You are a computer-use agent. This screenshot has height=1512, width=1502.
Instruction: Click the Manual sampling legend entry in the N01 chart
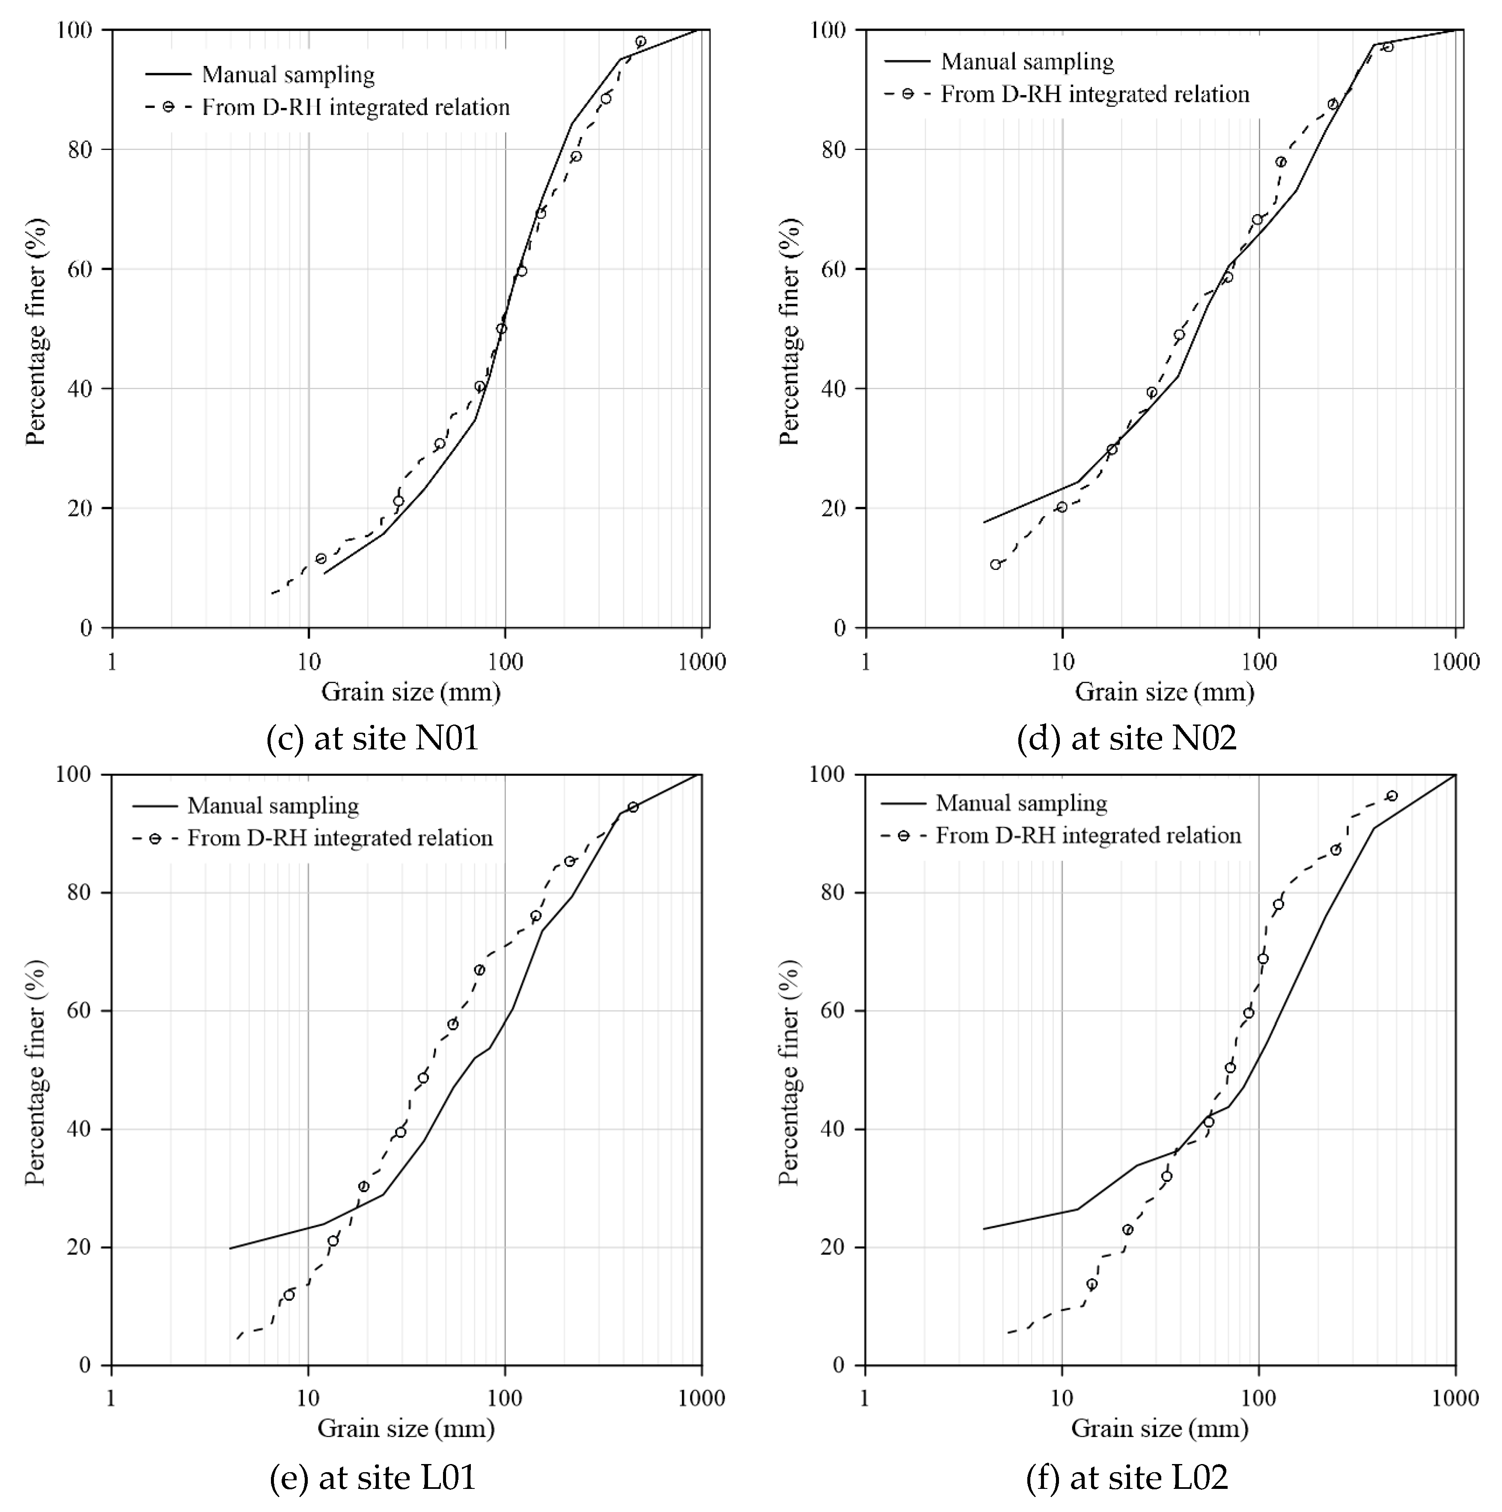tap(288, 75)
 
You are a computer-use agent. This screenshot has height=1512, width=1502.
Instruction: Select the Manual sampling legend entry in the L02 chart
tap(1021, 803)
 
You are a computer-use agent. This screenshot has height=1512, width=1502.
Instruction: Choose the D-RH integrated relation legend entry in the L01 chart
tap(339, 838)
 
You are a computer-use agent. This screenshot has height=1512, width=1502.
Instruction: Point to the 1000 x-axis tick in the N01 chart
tap(702, 662)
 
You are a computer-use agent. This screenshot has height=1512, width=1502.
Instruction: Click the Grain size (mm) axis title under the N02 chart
tap(1164, 692)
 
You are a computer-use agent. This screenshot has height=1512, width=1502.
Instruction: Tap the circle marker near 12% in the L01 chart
tap(289, 1295)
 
